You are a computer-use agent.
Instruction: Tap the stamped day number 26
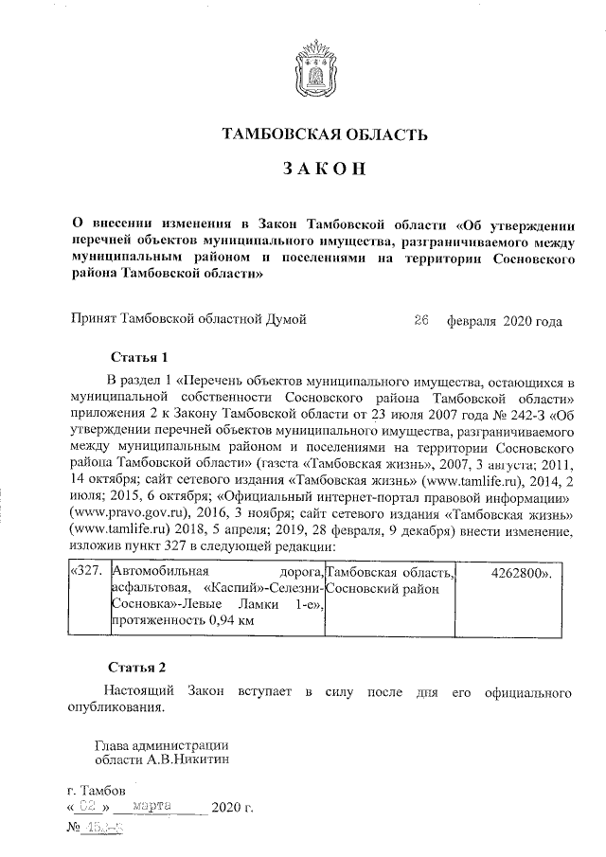point(422,320)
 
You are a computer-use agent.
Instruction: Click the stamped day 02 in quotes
point(89,807)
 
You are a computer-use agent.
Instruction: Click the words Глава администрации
point(161,741)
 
